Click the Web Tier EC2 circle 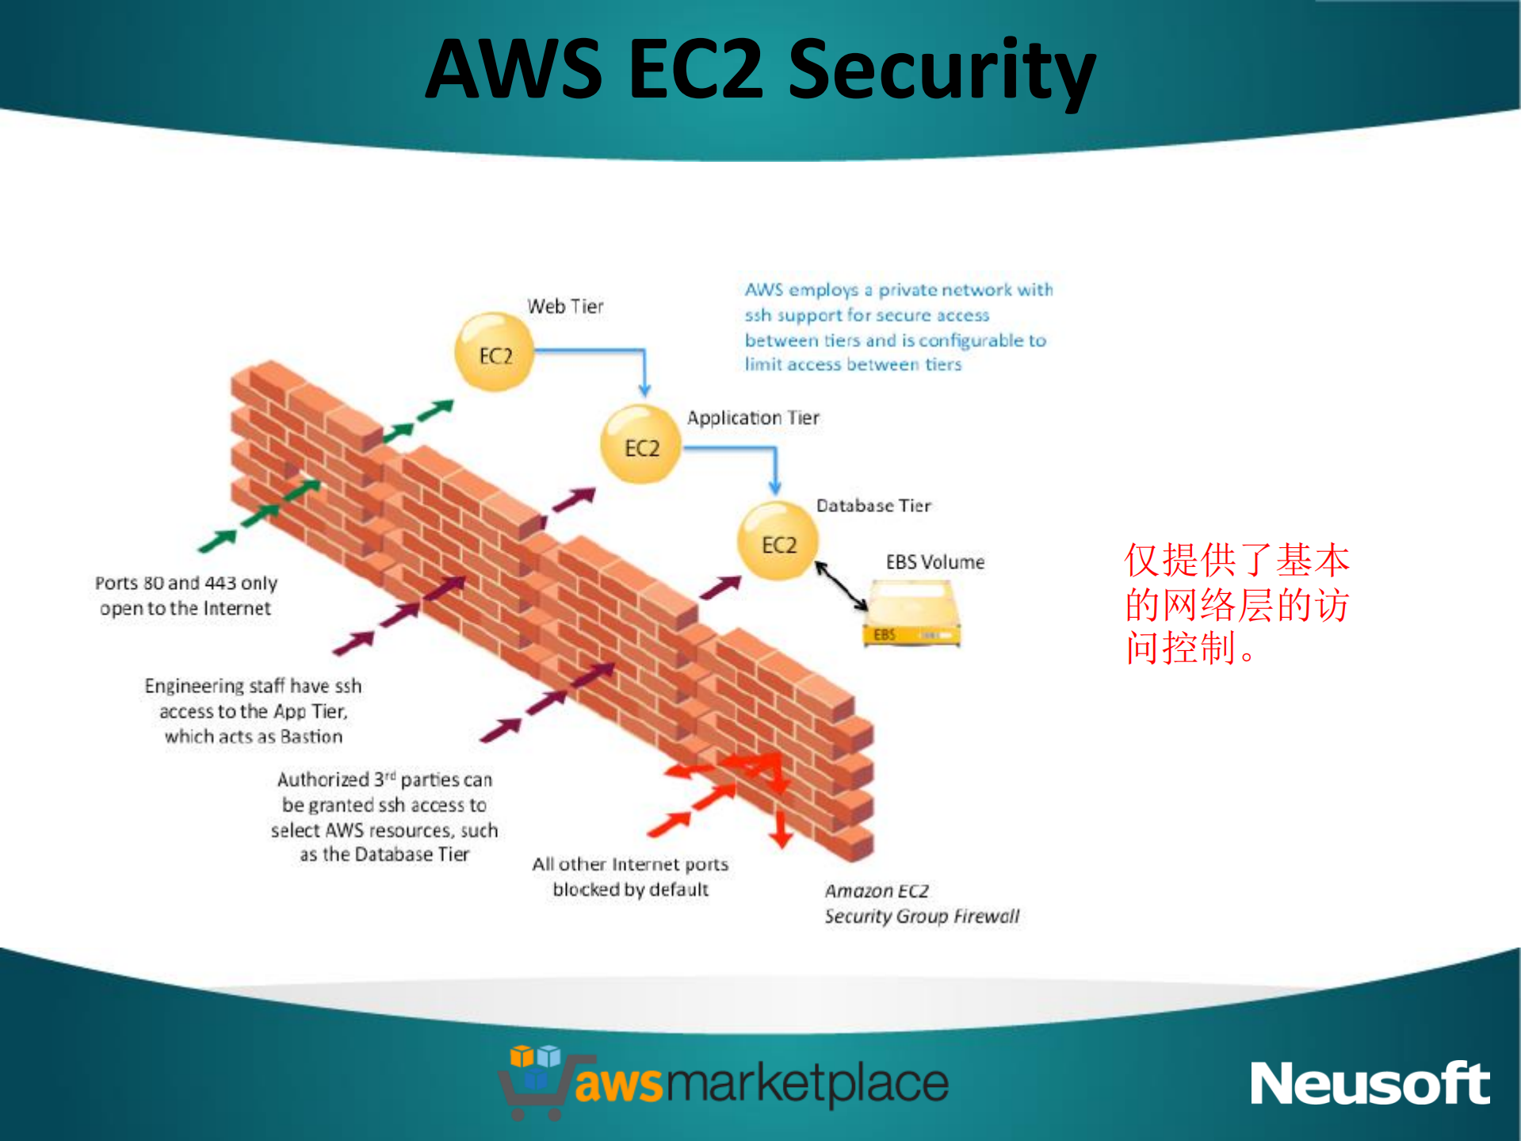coord(494,353)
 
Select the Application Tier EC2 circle coord(640,446)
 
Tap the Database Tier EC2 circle coord(778,542)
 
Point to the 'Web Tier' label coord(565,306)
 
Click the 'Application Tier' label coord(753,418)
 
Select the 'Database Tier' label coord(873,506)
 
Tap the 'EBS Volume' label coord(935,562)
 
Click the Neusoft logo coord(1370,1083)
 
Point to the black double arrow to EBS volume coord(842,587)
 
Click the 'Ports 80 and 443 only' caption coord(186,595)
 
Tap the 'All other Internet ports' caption coord(630,876)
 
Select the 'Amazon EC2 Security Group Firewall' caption coord(921,903)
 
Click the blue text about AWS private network coord(898,327)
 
